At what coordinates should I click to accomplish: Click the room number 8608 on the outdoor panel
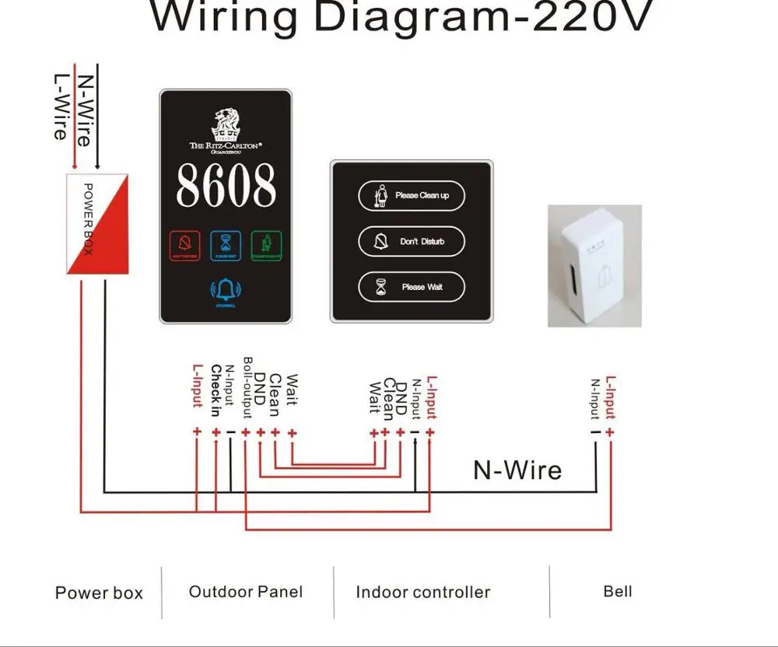[226, 185]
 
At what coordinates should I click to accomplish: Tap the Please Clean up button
[412, 195]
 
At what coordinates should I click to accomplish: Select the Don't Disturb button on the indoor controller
[412, 242]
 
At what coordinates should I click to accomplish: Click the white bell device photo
[594, 264]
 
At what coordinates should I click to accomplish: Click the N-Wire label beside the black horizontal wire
[517, 470]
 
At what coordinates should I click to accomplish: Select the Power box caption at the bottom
[99, 593]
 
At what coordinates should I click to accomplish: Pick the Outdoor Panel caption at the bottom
[246, 592]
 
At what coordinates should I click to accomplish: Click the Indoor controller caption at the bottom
[422, 593]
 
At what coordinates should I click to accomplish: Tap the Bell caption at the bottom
[618, 591]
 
